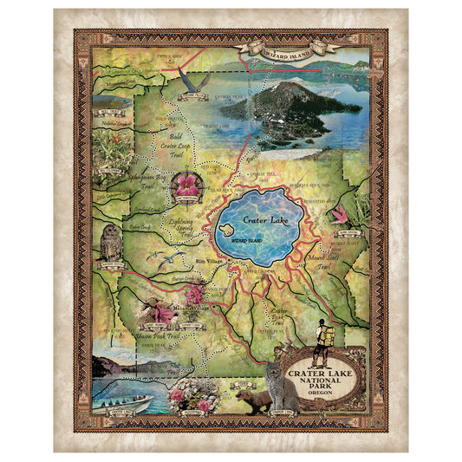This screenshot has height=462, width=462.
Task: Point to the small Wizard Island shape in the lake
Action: (x=227, y=230)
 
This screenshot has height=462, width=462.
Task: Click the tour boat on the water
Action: (x=126, y=403)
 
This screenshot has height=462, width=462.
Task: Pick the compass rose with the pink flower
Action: (x=187, y=185)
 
